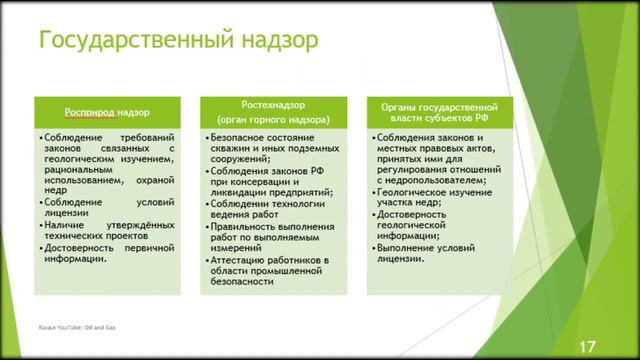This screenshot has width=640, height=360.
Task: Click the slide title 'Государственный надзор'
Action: click(x=178, y=40)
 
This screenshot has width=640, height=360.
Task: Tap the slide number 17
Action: click(x=587, y=346)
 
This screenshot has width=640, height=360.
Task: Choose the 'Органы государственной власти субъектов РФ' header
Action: click(x=439, y=111)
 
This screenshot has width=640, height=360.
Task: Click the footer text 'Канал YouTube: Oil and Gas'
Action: click(x=77, y=327)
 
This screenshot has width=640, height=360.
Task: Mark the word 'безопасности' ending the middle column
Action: click(x=240, y=282)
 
